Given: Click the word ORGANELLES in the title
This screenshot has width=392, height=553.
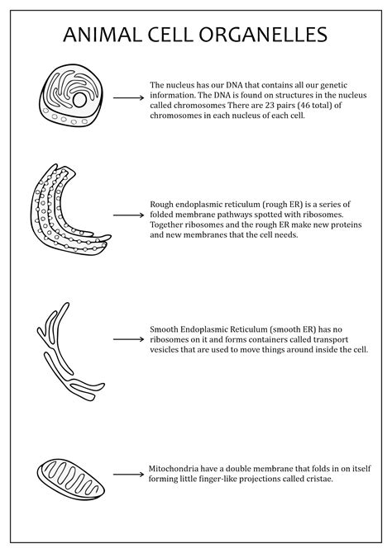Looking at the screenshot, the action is [x=263, y=35].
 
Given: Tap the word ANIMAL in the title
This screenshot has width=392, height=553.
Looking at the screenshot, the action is [x=103, y=35].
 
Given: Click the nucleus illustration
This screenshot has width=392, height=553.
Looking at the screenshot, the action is [x=71, y=95].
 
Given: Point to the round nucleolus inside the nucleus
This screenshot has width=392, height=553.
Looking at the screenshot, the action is [x=79, y=100].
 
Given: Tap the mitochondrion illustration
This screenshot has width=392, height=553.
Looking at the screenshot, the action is [x=70, y=480].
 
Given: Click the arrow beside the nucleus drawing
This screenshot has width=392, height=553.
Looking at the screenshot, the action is [x=129, y=97].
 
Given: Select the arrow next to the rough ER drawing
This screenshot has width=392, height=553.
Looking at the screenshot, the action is [x=129, y=215].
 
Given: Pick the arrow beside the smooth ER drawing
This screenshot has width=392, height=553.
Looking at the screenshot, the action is [x=129, y=339].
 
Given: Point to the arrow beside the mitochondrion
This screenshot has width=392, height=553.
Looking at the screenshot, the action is [x=129, y=475].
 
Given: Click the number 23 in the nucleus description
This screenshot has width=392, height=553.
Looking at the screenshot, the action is [x=270, y=105].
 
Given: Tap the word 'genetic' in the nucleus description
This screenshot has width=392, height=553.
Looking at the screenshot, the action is [x=333, y=85].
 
